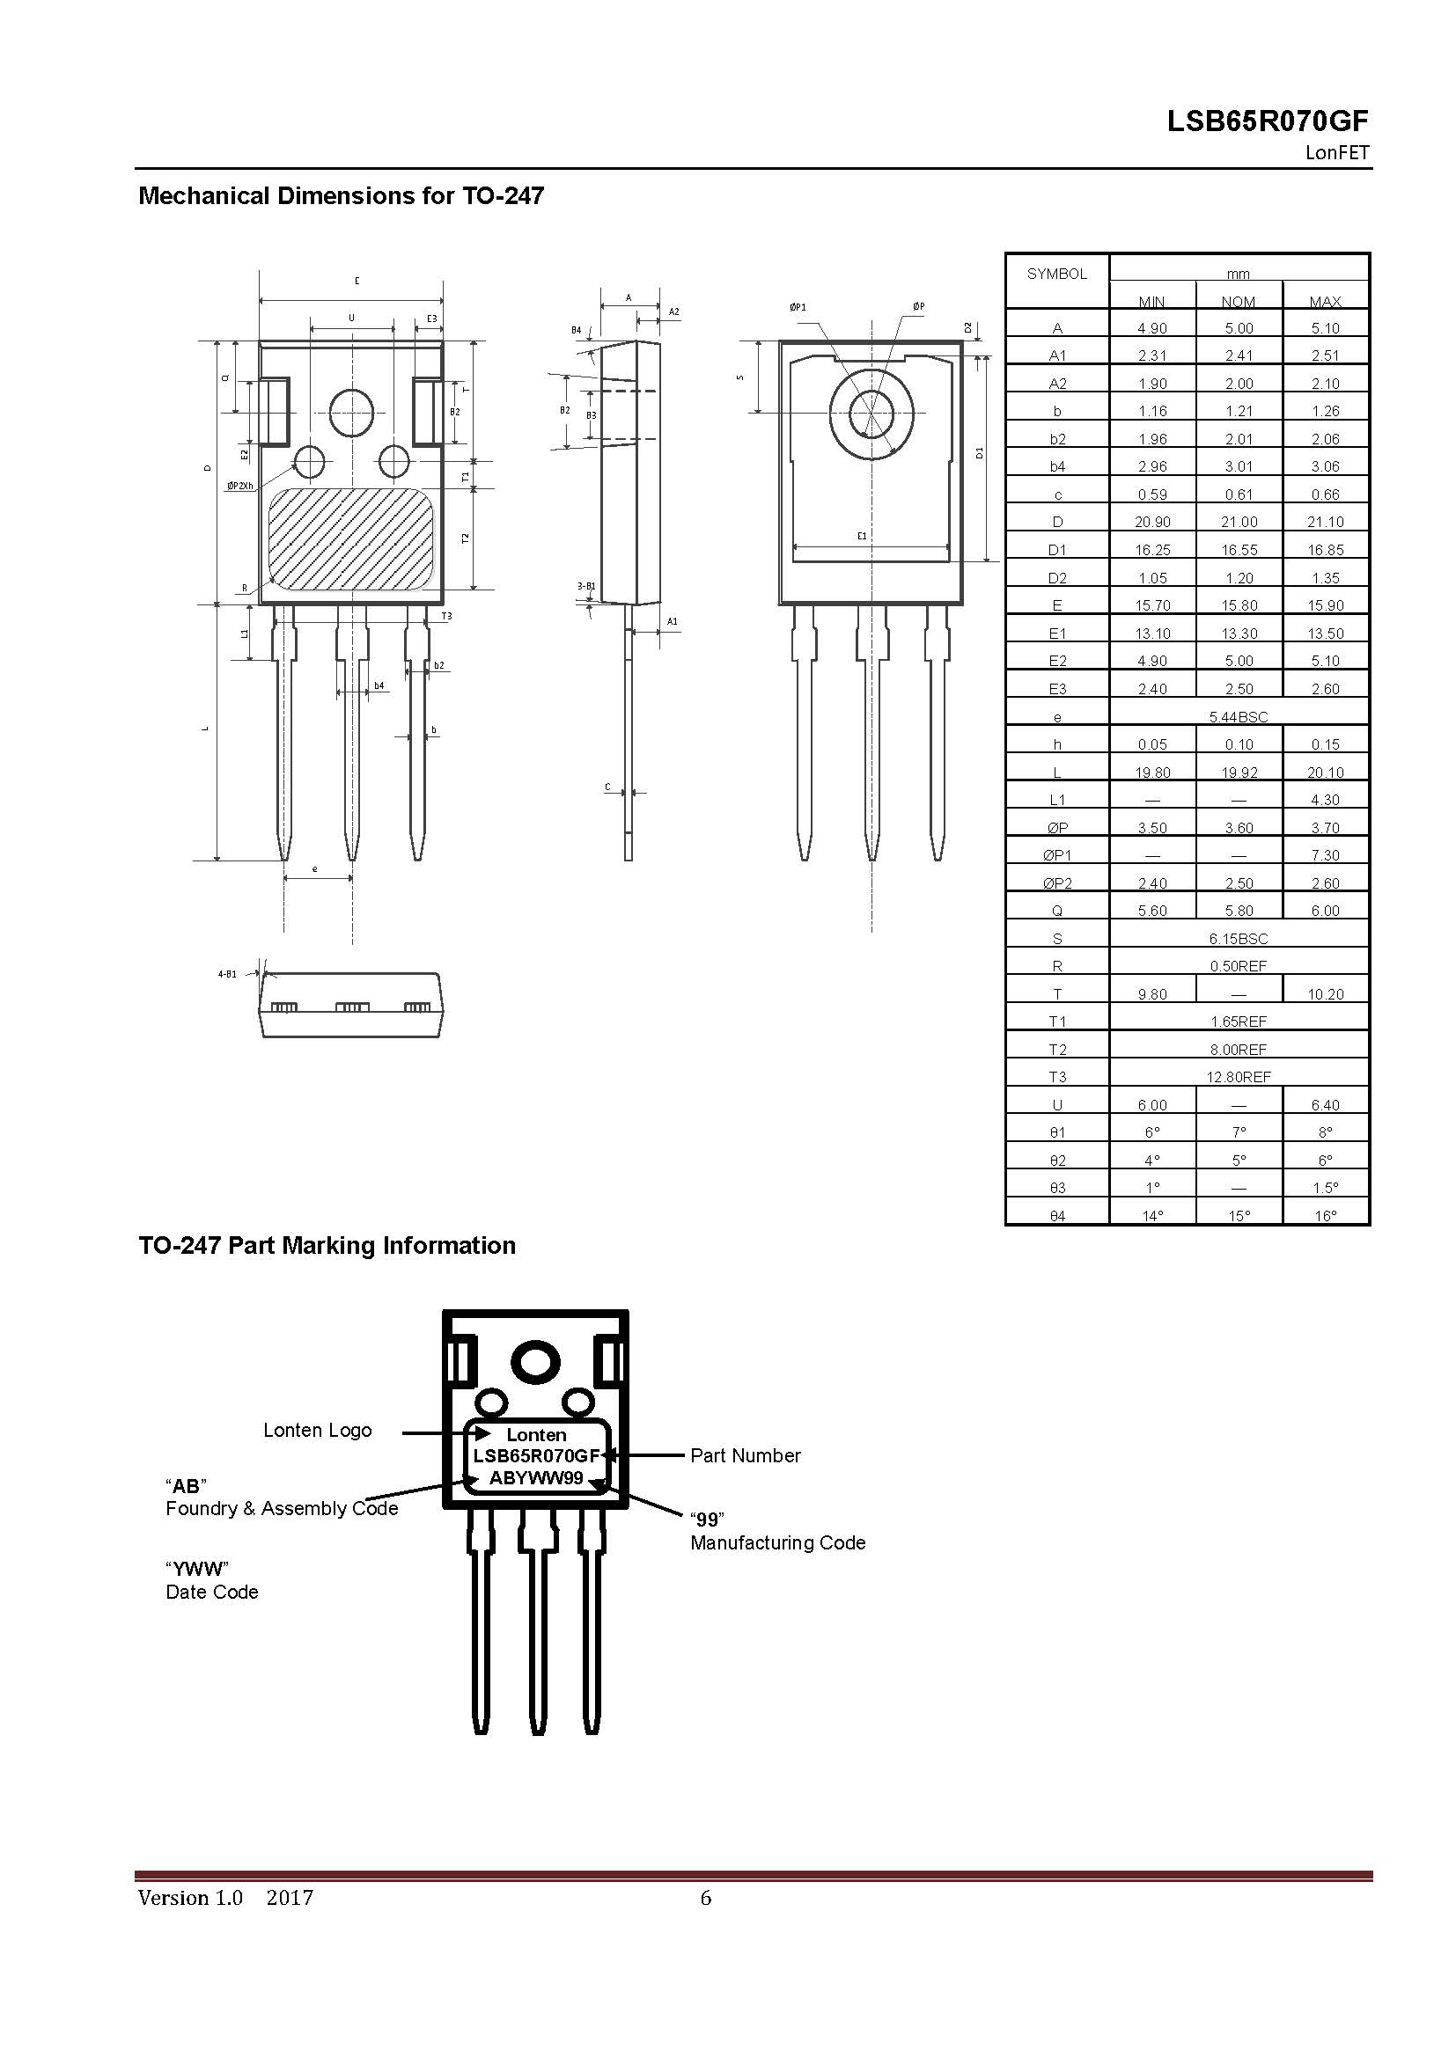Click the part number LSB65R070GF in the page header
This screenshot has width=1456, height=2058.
pos(1268,122)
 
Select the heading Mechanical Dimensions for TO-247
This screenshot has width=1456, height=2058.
pos(341,195)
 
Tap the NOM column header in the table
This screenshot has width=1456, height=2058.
pos(1239,302)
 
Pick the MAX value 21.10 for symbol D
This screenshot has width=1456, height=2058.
pos(1325,522)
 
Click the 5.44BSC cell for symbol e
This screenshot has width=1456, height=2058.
pos(1239,717)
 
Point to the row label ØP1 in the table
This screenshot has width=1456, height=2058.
pos(1057,855)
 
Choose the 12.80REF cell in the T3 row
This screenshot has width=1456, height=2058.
pos(1239,1076)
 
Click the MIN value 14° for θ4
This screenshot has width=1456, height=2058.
pos(1152,1215)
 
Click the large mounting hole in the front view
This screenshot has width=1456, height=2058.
pos(350,412)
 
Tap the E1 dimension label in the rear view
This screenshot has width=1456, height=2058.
pos(862,536)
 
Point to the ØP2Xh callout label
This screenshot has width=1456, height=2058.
pos(240,486)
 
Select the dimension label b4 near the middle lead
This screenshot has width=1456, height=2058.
pos(379,685)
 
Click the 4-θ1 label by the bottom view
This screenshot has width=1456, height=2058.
pos(227,973)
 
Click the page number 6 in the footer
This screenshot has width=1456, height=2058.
pos(706,1897)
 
